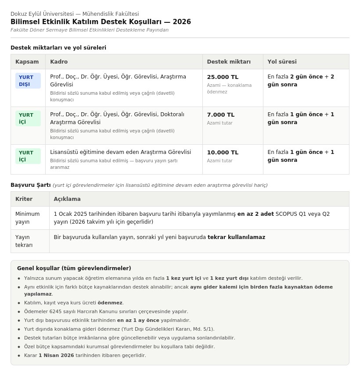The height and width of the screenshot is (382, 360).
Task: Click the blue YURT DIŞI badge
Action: (28, 81)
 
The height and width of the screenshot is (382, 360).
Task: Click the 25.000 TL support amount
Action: (223, 77)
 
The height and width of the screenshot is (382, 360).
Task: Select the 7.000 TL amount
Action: (221, 115)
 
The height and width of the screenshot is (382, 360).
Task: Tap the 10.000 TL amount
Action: (223, 153)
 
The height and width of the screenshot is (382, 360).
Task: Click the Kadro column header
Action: (59, 62)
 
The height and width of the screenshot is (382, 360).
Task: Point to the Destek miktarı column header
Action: (229, 62)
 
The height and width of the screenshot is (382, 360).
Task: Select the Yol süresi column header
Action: (282, 62)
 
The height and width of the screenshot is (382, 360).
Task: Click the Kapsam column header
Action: (27, 62)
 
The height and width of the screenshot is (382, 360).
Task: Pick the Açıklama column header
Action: (67, 199)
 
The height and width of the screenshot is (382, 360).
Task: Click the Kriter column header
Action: (24, 199)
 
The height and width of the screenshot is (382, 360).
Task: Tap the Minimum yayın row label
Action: (27, 218)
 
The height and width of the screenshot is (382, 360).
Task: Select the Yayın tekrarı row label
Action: (24, 241)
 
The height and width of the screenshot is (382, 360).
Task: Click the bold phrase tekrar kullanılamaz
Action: (236, 237)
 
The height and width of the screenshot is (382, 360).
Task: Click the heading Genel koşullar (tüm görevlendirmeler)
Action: (74, 268)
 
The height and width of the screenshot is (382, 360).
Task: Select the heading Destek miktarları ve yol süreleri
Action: (58, 48)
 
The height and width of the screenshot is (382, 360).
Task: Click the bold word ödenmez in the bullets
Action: (110, 303)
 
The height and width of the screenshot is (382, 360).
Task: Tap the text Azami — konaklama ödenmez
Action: (229, 89)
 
